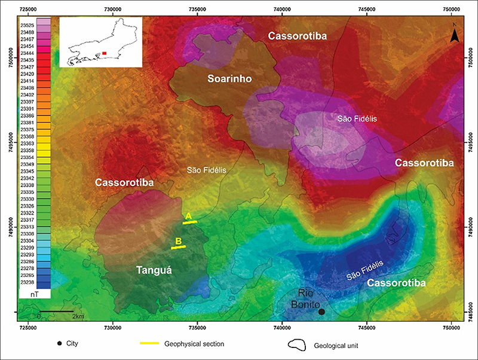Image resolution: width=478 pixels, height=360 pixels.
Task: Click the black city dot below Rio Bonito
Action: coord(321,312)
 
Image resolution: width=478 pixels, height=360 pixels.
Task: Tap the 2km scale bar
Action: coord(57,312)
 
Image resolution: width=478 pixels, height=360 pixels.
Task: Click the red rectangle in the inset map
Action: coord(105,54)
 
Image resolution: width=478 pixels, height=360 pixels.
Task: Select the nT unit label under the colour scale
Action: coord(27,295)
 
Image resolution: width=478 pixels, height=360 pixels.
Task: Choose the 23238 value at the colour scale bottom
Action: coord(27,282)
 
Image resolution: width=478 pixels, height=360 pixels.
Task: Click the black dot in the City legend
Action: coord(59,344)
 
